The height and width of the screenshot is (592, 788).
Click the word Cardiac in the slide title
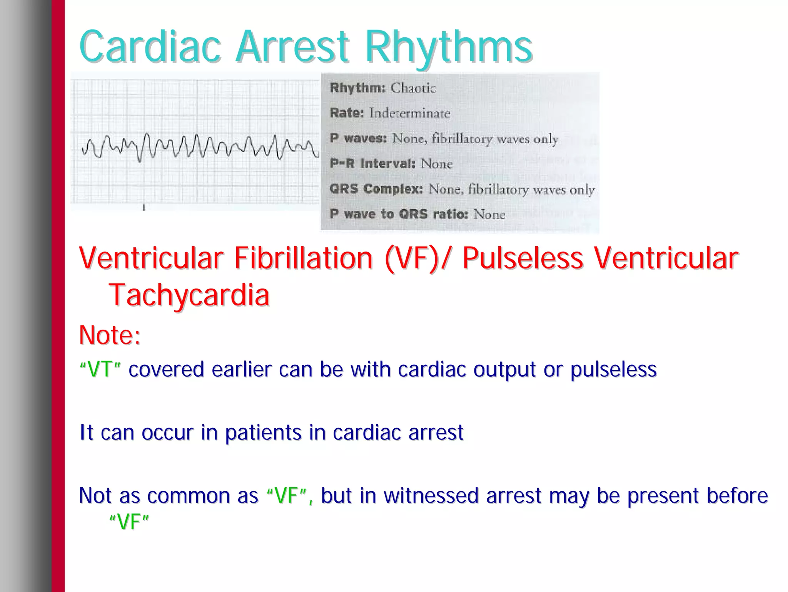(150, 47)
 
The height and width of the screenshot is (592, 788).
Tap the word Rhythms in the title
(448, 47)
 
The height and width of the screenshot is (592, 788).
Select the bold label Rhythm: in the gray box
(357, 88)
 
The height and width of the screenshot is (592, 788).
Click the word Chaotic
(413, 88)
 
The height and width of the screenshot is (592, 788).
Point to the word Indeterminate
(409, 113)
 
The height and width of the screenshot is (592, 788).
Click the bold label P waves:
(358, 138)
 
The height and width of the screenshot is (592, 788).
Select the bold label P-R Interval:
(372, 164)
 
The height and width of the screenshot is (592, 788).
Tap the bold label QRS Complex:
(376, 189)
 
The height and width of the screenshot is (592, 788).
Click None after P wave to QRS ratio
(489, 214)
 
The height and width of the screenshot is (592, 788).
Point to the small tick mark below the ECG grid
(144, 208)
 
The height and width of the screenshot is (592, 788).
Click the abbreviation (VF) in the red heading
(412, 258)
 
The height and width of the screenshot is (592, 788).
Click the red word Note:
(110, 335)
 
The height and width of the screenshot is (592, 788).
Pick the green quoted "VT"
(100, 369)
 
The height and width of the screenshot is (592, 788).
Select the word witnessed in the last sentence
(431, 495)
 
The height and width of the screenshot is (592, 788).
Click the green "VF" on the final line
(129, 522)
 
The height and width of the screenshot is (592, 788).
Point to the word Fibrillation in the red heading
(304, 258)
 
